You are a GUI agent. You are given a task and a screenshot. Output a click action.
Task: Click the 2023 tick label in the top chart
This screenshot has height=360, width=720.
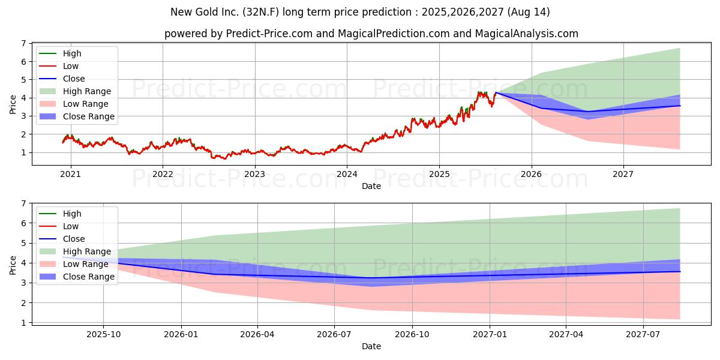tap(254, 174)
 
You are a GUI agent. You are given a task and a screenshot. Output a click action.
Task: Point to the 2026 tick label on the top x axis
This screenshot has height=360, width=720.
tap(532, 174)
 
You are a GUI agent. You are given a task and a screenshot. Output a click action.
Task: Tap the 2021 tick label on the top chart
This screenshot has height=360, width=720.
tap(70, 174)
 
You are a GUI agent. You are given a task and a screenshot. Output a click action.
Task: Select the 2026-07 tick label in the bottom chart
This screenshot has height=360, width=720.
tap(334, 335)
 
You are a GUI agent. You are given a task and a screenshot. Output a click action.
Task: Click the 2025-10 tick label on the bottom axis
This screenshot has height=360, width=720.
tap(103, 335)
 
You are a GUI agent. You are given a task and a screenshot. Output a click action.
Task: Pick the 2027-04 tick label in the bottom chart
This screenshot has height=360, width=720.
tap(566, 335)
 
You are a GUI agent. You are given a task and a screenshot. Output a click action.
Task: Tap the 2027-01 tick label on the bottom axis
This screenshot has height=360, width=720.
tap(490, 335)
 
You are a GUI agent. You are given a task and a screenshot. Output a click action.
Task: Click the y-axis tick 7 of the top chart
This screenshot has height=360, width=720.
tap(23, 43)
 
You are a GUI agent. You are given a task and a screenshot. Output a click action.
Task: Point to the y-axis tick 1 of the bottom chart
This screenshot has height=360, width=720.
tap(23, 323)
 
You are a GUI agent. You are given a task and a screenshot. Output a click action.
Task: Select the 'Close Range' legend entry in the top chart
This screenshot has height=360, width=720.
tap(77, 116)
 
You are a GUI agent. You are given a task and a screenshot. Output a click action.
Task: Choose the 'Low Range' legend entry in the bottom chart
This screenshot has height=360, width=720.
tap(74, 264)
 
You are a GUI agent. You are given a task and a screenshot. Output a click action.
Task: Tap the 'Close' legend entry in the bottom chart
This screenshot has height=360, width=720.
tap(62, 239)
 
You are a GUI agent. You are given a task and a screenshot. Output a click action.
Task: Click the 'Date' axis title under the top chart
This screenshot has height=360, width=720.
tap(371, 186)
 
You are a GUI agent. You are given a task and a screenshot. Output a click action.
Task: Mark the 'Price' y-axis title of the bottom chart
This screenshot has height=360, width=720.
tap(13, 265)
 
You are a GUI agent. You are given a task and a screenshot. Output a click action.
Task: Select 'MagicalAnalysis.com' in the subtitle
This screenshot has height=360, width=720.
tap(527, 34)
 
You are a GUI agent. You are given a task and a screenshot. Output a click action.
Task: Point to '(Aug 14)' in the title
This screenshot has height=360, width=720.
tap(529, 12)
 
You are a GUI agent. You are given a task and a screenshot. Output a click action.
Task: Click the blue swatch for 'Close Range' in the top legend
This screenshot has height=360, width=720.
tap(47, 116)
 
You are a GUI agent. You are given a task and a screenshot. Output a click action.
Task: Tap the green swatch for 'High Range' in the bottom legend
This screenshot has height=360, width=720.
tap(47, 251)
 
